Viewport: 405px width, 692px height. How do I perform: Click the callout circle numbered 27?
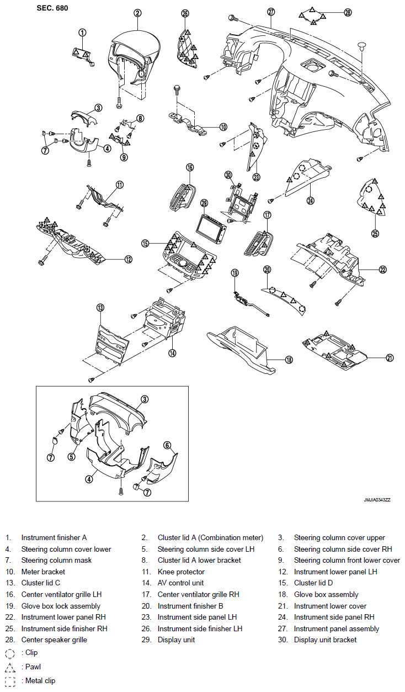point(271,12)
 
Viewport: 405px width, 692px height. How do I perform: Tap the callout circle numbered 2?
point(137,13)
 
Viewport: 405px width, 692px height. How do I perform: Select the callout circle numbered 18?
point(289,360)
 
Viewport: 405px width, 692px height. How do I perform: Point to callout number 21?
point(390,358)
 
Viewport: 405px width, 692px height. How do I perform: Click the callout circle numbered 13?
point(100,307)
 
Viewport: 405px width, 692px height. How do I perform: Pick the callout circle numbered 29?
point(204,203)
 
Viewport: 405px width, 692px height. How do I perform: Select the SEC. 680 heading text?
point(52,8)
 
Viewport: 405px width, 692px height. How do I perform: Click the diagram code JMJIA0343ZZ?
point(377,500)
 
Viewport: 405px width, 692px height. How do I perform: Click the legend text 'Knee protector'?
point(181,572)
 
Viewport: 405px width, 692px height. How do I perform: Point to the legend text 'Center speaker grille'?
point(54,640)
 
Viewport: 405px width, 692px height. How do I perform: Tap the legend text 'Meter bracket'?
point(43,572)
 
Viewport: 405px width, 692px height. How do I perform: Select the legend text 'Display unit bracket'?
point(325,640)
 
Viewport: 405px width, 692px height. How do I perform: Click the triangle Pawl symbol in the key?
point(10,667)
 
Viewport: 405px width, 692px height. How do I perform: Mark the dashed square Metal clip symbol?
point(10,681)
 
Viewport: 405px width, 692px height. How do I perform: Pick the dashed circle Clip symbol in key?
point(10,653)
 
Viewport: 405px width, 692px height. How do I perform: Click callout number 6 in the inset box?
point(167,445)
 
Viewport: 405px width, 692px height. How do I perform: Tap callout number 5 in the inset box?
point(71,457)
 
